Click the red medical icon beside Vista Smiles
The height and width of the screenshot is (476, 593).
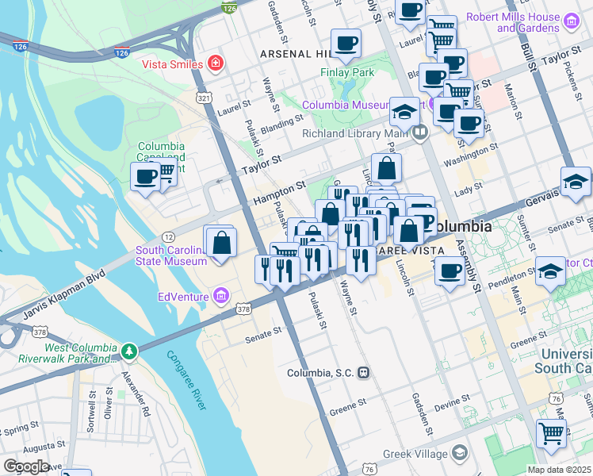(213, 63)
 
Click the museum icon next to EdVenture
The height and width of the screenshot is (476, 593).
(221, 297)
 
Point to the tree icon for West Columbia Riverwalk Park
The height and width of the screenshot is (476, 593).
(127, 350)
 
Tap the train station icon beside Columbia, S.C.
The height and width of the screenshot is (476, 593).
(363, 372)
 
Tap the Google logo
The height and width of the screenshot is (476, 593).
(27, 466)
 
